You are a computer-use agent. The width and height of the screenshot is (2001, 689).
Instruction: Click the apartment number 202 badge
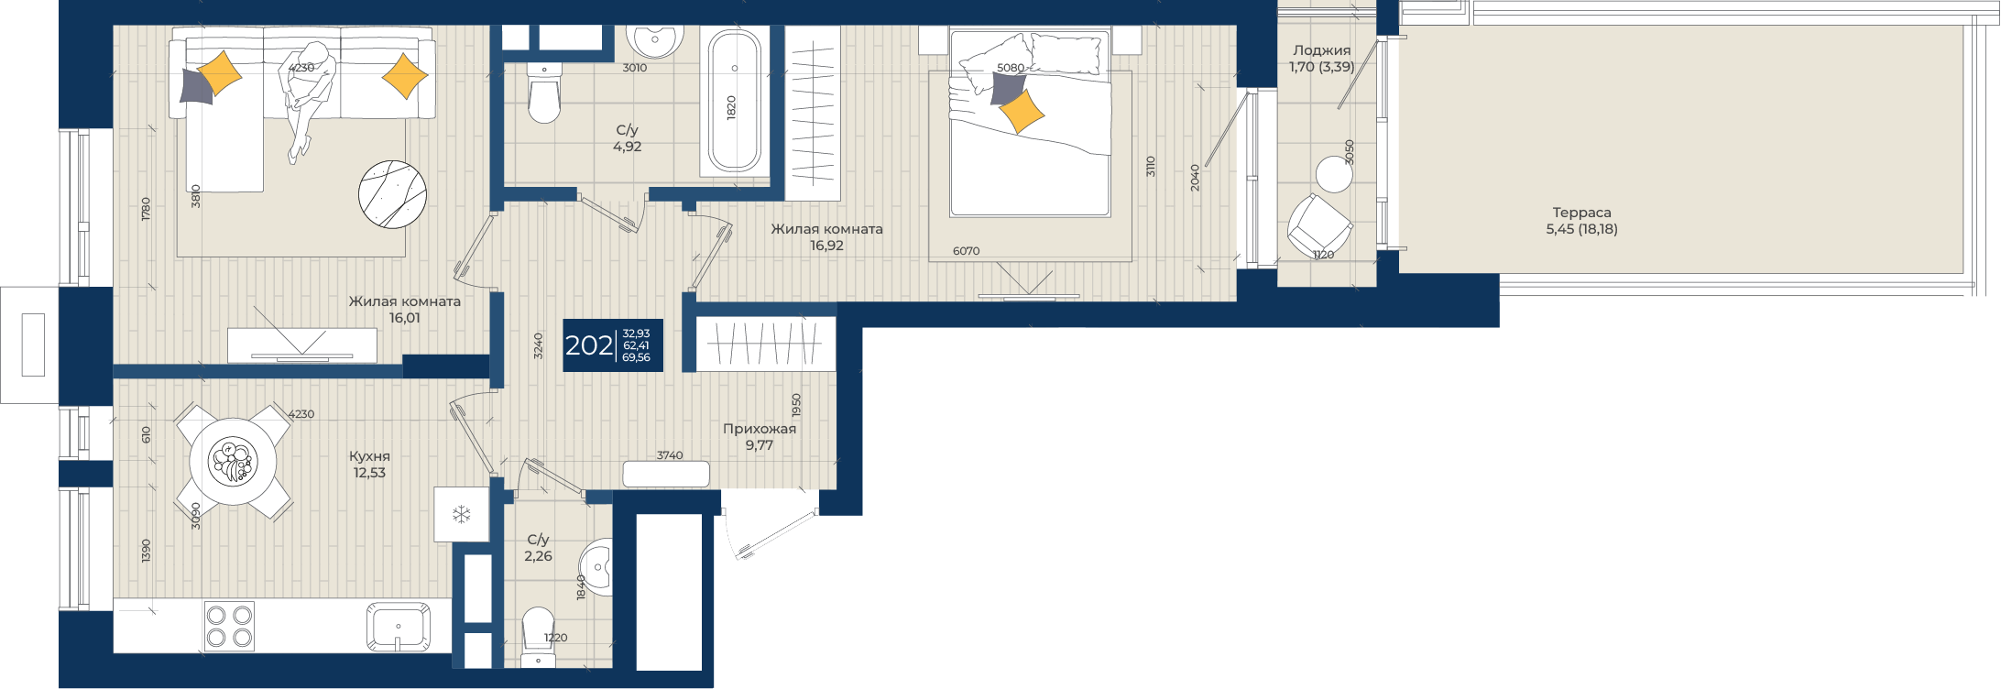point(612,345)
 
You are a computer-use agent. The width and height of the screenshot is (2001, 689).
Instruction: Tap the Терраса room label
point(1581,213)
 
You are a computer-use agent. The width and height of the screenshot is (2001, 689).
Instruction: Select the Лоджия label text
point(1321,51)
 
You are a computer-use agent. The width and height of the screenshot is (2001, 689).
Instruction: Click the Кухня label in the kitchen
point(369,456)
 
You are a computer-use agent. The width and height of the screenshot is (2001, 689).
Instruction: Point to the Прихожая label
point(760,429)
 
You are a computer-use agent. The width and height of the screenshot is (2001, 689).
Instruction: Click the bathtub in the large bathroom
point(734,102)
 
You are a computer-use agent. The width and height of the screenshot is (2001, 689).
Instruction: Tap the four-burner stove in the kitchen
point(229,626)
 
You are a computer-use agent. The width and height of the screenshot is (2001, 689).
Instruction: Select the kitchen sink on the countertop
point(399,626)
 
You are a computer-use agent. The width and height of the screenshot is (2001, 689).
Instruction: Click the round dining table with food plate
point(233,461)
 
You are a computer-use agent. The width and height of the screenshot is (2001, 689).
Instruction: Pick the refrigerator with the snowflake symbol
point(462,514)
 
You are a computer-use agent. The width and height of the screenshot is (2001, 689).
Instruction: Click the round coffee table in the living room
point(392,193)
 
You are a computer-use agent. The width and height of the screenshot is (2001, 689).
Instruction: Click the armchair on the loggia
point(1318,224)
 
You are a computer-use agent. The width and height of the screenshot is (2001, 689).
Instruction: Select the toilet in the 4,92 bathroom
point(544,93)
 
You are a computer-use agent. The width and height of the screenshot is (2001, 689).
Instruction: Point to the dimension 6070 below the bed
point(967,251)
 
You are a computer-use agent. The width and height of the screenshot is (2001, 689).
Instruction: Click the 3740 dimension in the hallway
point(670,455)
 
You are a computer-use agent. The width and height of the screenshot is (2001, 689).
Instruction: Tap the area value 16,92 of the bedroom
point(826,246)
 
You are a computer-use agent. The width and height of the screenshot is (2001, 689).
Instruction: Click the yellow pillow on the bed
point(1021,111)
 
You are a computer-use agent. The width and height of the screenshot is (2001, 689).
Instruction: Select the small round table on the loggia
point(1334,174)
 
